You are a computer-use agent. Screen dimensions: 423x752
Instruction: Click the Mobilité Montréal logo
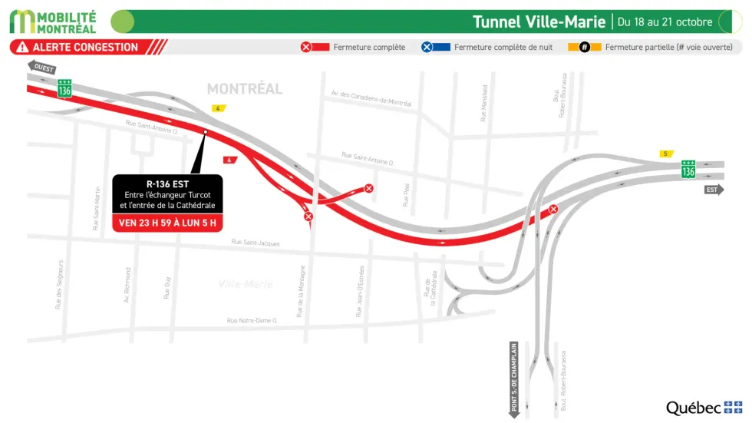pyautogui.click(x=54, y=21)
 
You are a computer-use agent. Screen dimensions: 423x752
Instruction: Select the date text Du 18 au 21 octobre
pyautogui.click(x=665, y=22)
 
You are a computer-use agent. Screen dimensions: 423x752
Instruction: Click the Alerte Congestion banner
pyautogui.click(x=84, y=48)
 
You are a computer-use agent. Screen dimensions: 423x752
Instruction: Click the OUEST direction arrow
pyautogui.click(x=41, y=67)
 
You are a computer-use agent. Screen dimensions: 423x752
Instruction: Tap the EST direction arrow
pyautogui.click(x=714, y=189)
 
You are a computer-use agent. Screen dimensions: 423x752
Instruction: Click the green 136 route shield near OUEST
pyautogui.click(x=64, y=90)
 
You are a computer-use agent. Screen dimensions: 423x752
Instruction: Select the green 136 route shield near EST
pyautogui.click(x=688, y=170)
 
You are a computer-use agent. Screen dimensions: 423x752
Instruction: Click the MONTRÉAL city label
pyautogui.click(x=245, y=89)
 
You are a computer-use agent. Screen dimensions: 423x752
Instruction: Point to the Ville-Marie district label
pyautogui.click(x=245, y=284)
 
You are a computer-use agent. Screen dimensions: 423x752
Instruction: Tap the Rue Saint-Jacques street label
pyautogui.click(x=256, y=243)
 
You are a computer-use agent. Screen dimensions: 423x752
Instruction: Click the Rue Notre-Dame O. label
pyautogui.click(x=252, y=320)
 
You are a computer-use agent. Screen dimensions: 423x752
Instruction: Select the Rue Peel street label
pyautogui.click(x=406, y=196)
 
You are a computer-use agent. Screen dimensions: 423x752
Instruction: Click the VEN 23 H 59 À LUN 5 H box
pyautogui.click(x=167, y=223)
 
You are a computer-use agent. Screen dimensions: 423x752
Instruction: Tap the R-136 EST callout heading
pyautogui.click(x=167, y=183)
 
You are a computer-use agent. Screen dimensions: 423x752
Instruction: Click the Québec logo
pyautogui.click(x=703, y=408)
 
